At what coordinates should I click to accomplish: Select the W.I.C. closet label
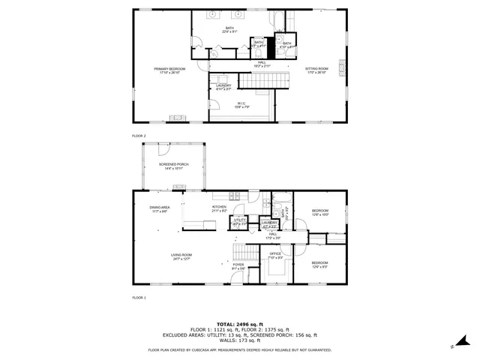(242, 103)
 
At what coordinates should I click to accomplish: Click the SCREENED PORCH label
(173, 164)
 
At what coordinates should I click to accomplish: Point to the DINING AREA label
(159, 207)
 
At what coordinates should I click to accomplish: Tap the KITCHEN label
(219, 207)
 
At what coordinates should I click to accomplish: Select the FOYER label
(238, 265)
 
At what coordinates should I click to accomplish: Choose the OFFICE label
(275, 254)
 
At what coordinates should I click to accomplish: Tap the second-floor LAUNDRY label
(223, 85)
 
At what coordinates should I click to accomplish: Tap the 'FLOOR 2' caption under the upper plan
(139, 136)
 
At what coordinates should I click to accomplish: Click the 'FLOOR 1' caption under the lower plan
(139, 298)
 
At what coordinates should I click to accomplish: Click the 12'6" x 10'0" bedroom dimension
(320, 214)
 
